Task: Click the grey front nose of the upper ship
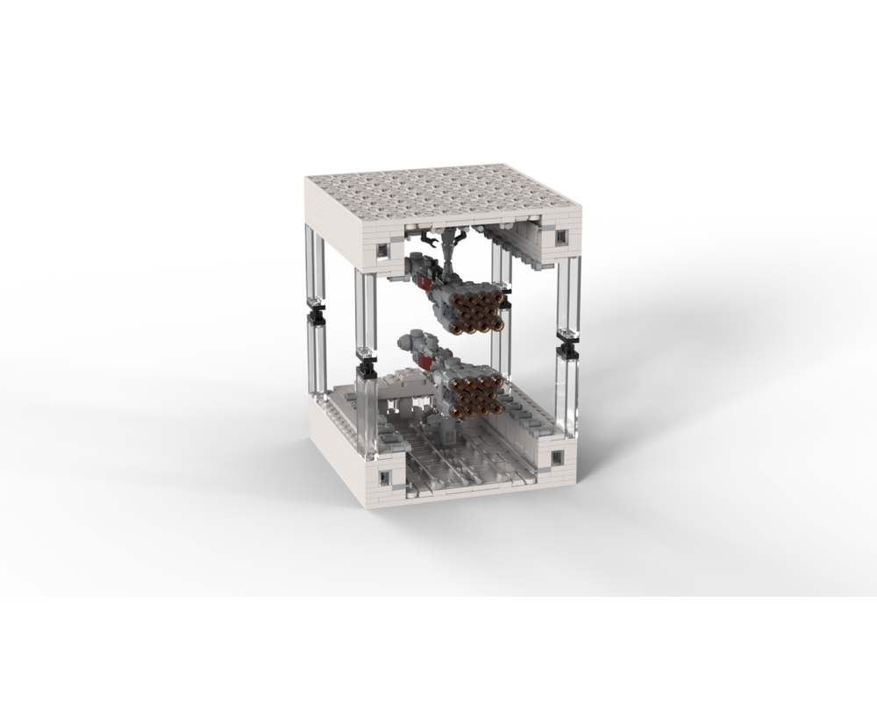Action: [416, 260]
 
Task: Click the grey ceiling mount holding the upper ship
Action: [451, 250]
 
